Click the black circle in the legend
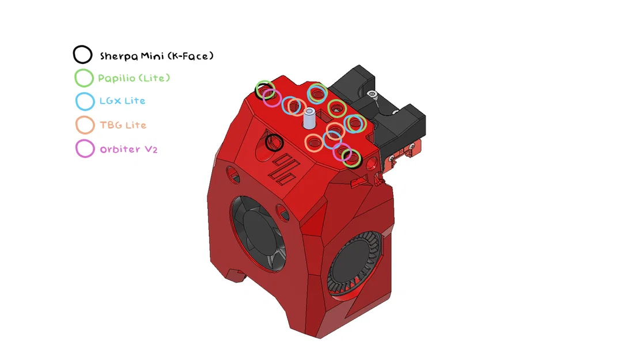(x=82, y=55)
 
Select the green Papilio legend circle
(x=84, y=78)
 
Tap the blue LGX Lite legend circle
(x=85, y=101)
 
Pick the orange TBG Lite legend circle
(x=85, y=125)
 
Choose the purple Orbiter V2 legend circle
(x=85, y=149)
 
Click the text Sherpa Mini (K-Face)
(x=157, y=56)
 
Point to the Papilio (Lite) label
(x=134, y=78)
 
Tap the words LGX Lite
(x=122, y=101)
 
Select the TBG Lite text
(x=123, y=125)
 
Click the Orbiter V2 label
(x=128, y=149)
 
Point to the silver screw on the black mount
(x=373, y=93)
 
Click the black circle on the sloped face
(x=274, y=142)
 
